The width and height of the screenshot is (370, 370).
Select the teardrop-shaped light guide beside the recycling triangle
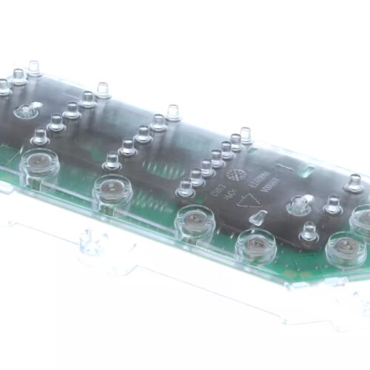tap(258, 218)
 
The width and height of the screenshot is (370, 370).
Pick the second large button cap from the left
tap(112, 191)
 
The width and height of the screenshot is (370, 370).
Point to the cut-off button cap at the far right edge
tap(363, 220)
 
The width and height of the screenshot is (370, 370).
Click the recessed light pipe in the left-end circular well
tap(25, 111)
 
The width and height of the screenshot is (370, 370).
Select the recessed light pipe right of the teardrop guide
tap(299, 203)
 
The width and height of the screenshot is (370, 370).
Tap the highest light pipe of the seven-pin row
tap(246, 135)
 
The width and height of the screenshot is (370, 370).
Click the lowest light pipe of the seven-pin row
tap(185, 188)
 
